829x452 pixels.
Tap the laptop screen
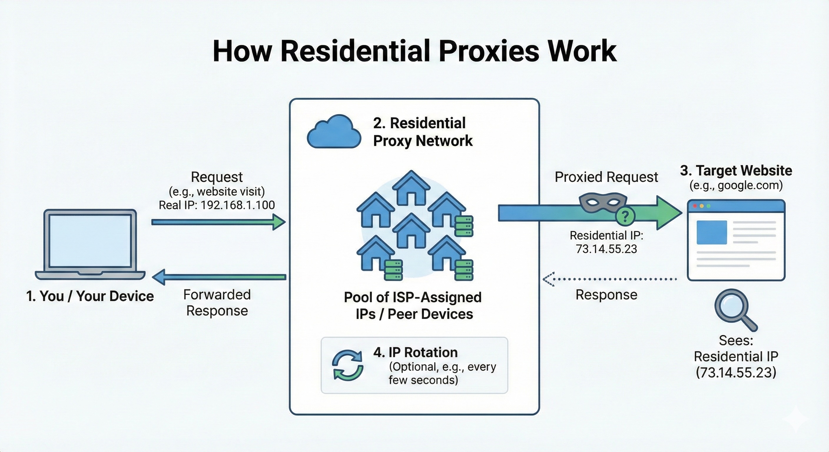tap(90, 241)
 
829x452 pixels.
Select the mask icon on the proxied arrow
tap(602, 202)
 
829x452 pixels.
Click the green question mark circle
tap(625, 217)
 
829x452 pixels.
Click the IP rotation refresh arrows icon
tap(348, 365)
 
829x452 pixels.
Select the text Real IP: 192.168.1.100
tap(217, 205)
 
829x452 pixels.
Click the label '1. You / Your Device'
tap(90, 296)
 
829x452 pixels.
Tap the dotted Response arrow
tap(610, 279)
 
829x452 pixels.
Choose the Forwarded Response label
tap(217, 303)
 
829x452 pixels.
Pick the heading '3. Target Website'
tap(736, 170)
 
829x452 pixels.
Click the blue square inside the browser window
tap(712, 232)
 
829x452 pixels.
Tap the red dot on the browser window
tap(694, 206)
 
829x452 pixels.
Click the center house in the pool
tap(411, 231)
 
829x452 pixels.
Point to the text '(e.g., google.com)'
tap(736, 186)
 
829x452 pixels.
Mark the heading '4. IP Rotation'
tap(415, 353)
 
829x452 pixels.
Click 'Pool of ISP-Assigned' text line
tap(412, 297)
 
